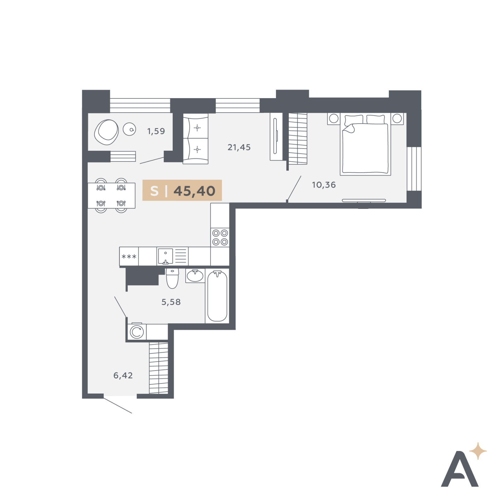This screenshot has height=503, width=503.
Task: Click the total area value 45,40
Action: (194, 191)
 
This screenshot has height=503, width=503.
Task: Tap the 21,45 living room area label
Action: (239, 147)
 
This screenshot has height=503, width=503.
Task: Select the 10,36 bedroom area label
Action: (324, 185)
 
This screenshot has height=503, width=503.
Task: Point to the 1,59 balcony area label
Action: (156, 131)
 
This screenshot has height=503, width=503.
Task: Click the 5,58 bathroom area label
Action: (171, 302)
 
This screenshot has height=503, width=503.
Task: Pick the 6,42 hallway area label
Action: (123, 375)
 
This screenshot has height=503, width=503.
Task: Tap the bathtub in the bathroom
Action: (217, 296)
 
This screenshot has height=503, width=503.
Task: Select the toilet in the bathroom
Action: (172, 278)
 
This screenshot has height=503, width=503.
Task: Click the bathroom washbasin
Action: (195, 276)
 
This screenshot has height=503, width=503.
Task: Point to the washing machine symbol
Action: (137, 332)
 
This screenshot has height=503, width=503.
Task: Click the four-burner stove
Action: (220, 237)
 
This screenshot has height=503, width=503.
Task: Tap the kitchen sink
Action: (165, 256)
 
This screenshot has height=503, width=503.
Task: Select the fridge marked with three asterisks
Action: (129, 257)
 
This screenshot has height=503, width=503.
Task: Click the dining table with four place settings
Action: (111, 195)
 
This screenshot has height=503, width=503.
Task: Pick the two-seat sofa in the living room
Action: (196, 139)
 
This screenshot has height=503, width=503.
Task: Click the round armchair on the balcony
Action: (106, 132)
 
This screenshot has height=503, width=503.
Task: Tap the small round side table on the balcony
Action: (129, 129)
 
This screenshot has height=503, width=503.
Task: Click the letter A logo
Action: (460, 469)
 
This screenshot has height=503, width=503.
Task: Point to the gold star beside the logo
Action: (478, 451)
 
